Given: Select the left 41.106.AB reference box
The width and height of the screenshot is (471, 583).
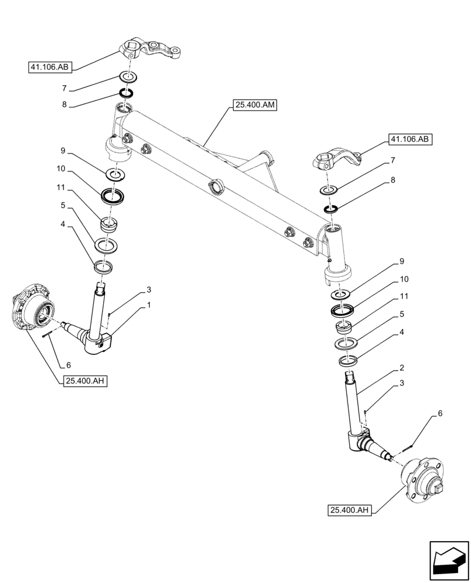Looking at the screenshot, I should tap(49, 68).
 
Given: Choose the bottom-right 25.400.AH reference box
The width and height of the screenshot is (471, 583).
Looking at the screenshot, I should tap(350, 511).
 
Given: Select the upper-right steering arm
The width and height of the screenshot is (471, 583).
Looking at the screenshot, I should tap(340, 160).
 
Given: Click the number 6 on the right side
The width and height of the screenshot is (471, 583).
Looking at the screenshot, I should tap(439, 413).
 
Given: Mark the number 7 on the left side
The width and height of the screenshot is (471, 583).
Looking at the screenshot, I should tap(65, 89).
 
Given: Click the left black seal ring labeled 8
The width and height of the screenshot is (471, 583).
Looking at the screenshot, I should tap(126, 93).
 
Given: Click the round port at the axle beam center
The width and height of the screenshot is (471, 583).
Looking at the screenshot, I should tap(216, 187).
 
